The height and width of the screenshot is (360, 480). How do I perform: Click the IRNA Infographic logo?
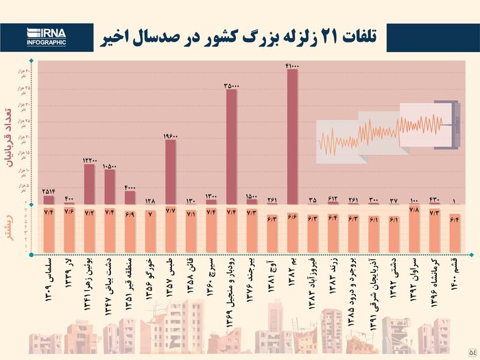click(x=47, y=36)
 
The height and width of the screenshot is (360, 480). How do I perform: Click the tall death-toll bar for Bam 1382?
click(x=292, y=137)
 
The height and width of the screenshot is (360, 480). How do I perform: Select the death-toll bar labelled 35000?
click(x=231, y=147)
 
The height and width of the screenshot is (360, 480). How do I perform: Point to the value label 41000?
click(x=291, y=64)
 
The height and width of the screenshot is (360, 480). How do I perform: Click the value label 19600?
click(x=171, y=136)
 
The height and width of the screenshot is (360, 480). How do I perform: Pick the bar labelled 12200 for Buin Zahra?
click(x=89, y=184)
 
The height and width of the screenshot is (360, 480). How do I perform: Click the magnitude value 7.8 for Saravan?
click(x=413, y=209)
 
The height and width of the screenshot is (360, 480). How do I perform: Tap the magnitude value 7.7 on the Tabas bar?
click(x=171, y=213)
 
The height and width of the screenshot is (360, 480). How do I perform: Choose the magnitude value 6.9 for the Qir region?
click(x=130, y=215)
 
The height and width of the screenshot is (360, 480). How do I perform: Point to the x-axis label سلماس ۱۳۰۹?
click(x=48, y=277)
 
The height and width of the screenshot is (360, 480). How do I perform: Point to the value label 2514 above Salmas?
click(x=49, y=191)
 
